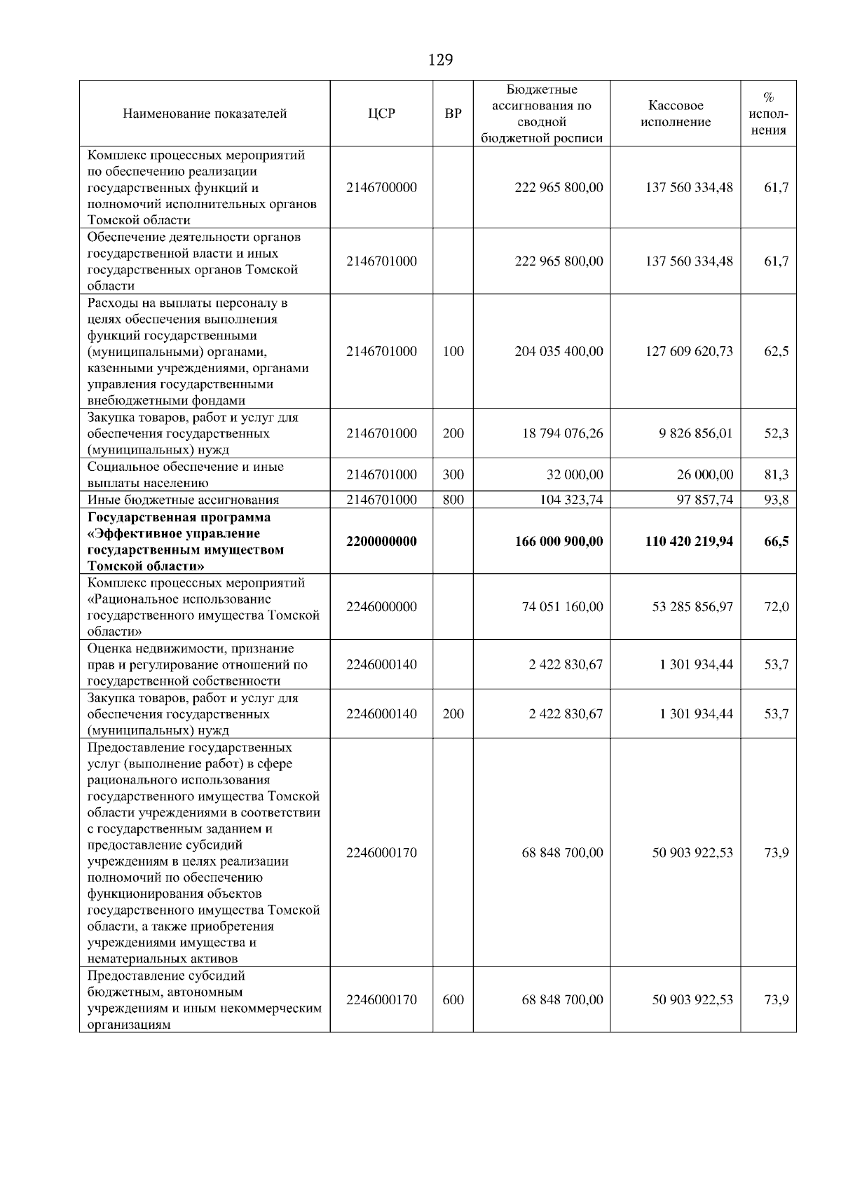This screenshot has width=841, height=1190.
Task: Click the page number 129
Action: [440, 60]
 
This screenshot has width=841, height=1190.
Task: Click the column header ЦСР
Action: [381, 114]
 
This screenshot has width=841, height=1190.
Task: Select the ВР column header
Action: [453, 114]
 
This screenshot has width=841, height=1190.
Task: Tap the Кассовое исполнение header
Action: [676, 114]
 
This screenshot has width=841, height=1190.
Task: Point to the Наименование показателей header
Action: [205, 114]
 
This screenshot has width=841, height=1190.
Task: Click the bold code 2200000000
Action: [381, 541]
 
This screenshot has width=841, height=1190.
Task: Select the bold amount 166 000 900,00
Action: [559, 541]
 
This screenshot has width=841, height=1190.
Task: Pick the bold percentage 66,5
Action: [776, 541]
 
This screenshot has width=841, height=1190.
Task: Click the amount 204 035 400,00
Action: [559, 351]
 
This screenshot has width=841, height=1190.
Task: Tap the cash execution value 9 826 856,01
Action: [695, 433]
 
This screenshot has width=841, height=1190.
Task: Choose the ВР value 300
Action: [453, 474]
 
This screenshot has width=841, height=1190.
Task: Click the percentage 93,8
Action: [776, 500]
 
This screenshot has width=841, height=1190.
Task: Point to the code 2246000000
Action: [381, 606]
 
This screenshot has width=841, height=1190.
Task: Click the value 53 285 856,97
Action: [692, 606]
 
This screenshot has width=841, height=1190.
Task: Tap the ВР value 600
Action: [453, 999]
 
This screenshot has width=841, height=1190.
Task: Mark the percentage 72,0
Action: [776, 606]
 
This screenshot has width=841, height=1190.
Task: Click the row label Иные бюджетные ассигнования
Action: [183, 500]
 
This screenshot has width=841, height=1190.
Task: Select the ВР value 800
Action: [453, 500]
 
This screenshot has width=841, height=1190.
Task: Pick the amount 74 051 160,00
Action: [562, 606]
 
